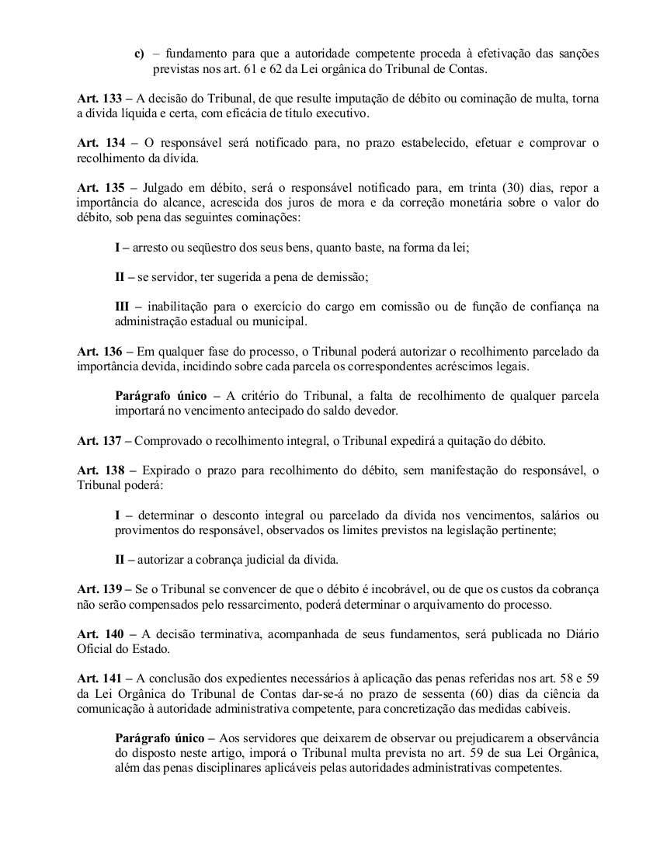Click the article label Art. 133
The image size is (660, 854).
tap(99, 100)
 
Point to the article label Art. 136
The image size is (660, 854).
tap(99, 351)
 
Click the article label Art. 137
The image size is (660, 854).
tap(99, 440)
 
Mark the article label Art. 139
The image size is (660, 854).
tap(99, 588)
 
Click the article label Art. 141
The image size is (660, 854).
tap(99, 678)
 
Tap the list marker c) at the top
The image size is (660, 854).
tap(139, 53)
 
